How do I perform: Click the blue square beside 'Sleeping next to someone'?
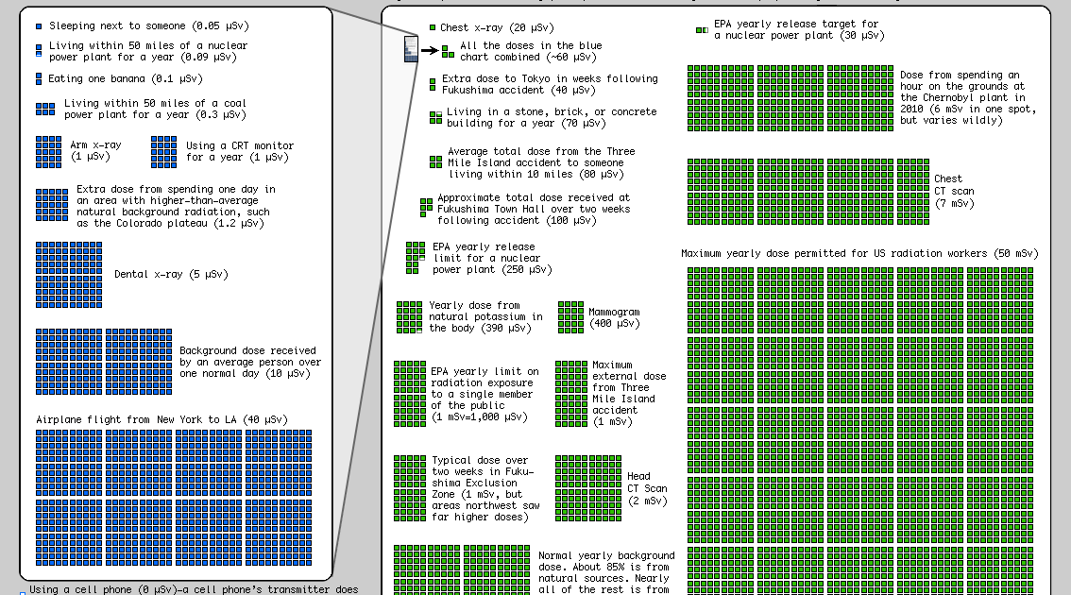38,26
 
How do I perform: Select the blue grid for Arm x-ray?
49,151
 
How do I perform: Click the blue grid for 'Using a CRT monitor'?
163,151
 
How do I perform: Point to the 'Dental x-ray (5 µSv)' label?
171,275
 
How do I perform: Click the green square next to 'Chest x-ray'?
432,28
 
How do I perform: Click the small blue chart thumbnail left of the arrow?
410,49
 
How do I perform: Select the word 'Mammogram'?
614,312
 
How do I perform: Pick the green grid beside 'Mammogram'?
570,317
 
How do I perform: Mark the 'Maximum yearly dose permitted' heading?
859,254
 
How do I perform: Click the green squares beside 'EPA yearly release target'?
701,30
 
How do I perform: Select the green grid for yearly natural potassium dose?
409,317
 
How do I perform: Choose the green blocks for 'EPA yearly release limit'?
416,258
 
